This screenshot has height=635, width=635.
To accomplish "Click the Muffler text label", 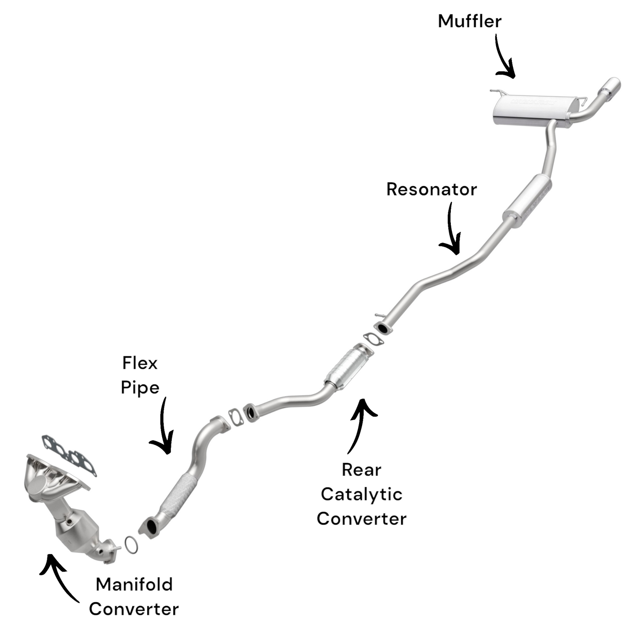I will [469, 21].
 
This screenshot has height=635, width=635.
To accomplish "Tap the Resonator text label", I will [431, 189].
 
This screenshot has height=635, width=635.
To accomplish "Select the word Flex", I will [139, 363].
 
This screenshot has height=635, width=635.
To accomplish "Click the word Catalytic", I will [361, 494].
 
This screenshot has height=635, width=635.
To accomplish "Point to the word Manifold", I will [134, 585].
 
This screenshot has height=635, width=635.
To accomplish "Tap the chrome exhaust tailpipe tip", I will [611, 87].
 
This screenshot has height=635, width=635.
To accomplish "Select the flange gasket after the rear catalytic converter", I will [373, 339].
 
